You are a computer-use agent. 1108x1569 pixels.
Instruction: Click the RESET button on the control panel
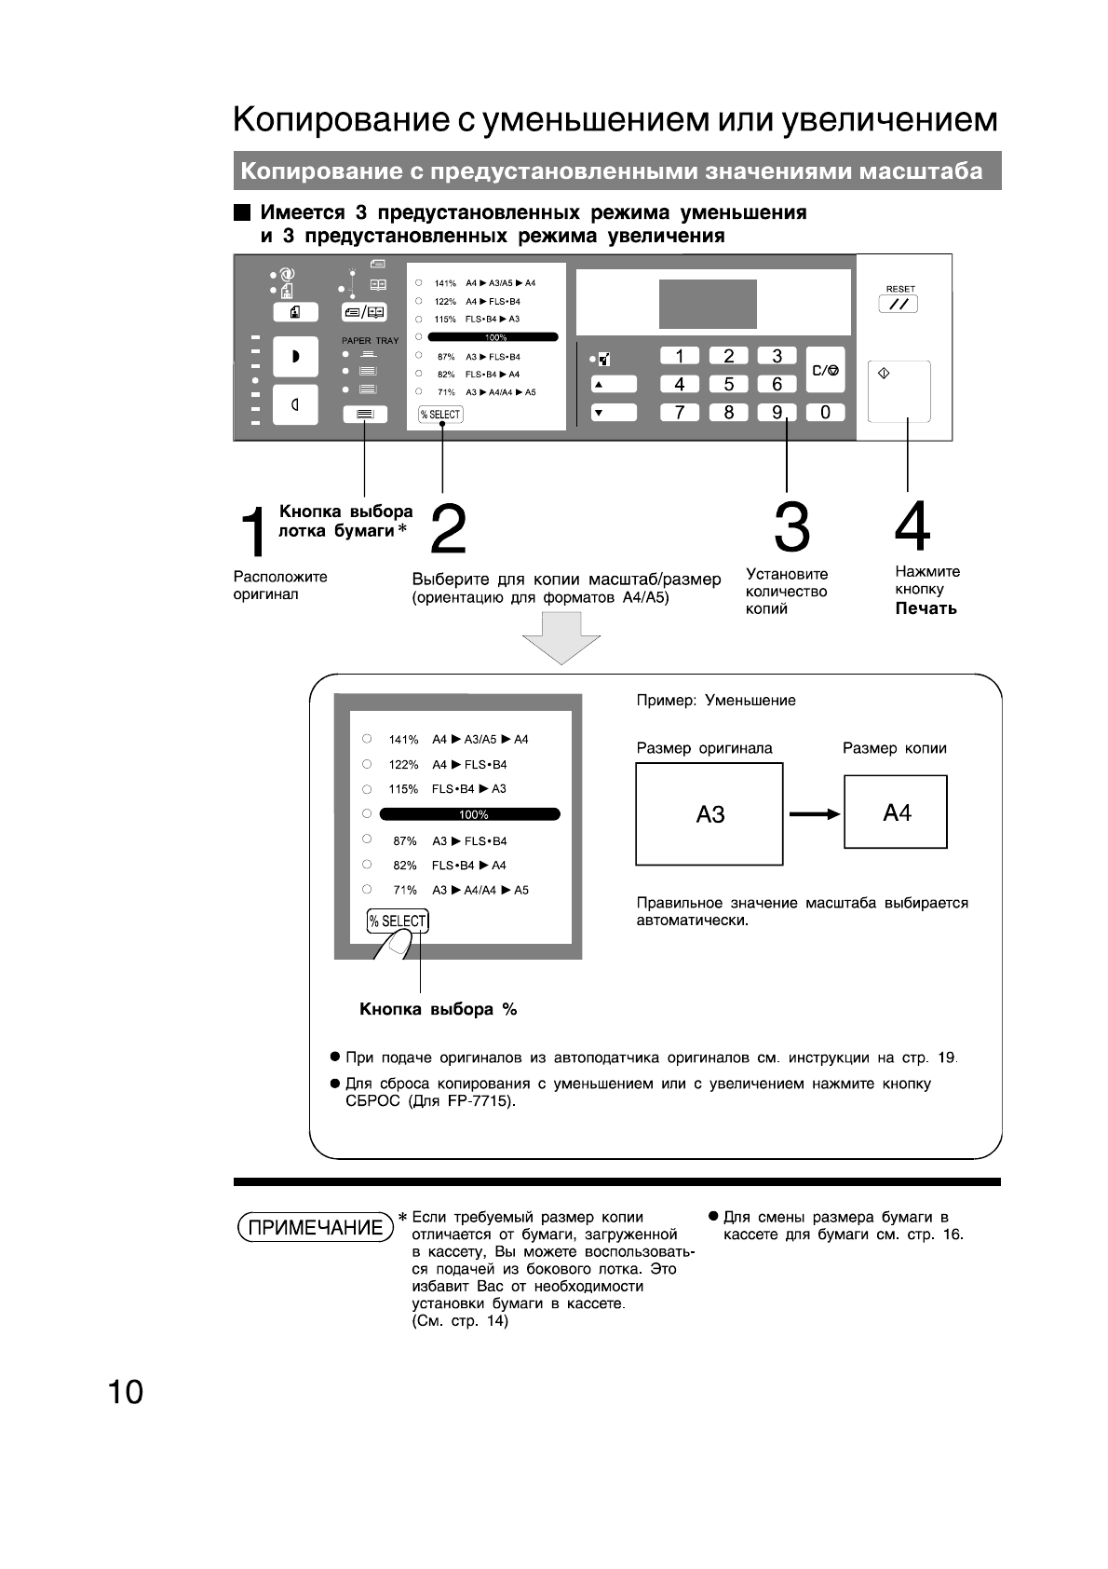point(898,304)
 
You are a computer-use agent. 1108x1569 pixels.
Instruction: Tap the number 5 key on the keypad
point(728,384)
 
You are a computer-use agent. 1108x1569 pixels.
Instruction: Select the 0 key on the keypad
point(825,412)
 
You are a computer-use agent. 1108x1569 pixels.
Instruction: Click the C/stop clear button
point(825,370)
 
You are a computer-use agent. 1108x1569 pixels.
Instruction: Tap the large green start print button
point(899,391)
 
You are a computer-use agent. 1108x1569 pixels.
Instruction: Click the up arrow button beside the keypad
point(613,384)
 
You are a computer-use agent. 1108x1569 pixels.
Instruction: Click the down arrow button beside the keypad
point(613,412)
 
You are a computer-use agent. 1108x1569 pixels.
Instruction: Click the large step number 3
point(791,527)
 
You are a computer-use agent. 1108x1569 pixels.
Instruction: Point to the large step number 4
point(912,527)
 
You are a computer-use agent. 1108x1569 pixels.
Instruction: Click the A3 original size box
point(709,814)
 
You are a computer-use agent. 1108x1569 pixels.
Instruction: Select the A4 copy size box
point(896,812)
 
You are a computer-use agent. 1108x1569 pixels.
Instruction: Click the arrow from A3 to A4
point(814,814)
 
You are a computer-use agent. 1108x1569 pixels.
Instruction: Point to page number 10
point(126,1392)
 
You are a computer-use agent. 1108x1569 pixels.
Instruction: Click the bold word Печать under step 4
point(926,608)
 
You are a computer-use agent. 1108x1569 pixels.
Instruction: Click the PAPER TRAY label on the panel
point(370,341)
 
